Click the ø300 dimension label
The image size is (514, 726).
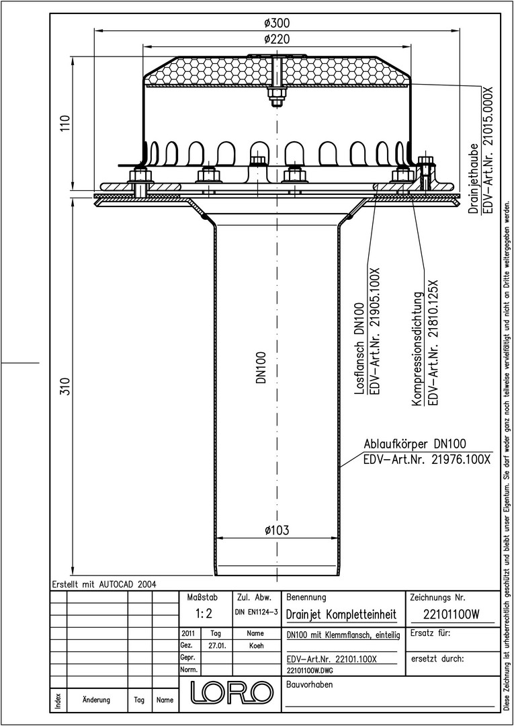pyautogui.click(x=277, y=23)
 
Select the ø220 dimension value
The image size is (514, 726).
pyautogui.click(x=277, y=39)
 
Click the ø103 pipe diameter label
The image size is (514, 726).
pyautogui.click(x=277, y=530)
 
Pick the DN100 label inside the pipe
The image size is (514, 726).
pyautogui.click(x=261, y=367)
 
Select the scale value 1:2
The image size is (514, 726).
pyautogui.click(x=204, y=614)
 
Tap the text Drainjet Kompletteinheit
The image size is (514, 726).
pyautogui.click(x=341, y=615)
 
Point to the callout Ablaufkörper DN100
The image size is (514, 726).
pyautogui.click(x=415, y=444)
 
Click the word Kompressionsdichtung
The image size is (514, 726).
pyautogui.click(x=418, y=349)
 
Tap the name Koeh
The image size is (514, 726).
pyautogui.click(x=256, y=645)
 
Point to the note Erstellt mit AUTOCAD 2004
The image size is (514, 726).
pyautogui.click(x=104, y=584)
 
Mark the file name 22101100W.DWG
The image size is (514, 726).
pyautogui.click(x=310, y=670)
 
